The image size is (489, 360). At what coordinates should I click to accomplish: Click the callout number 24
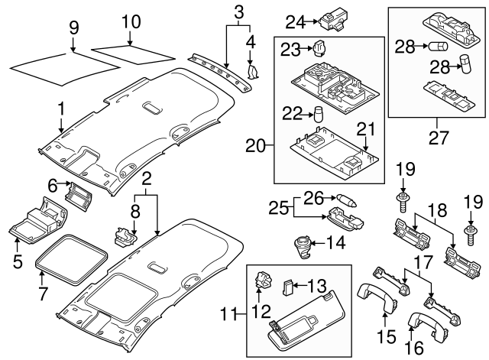(x=296, y=21)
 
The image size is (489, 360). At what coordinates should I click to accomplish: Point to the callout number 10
(x=131, y=22)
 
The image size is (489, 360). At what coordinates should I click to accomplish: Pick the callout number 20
(x=255, y=144)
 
